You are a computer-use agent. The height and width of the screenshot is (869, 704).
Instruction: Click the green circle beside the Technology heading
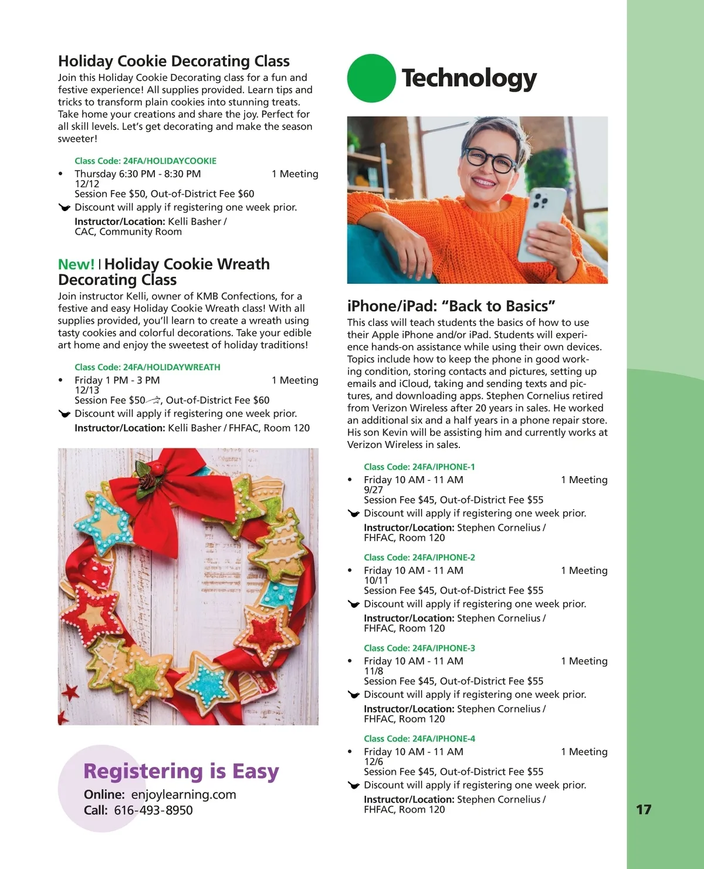371,78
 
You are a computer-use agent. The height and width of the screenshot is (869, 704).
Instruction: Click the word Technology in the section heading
469,78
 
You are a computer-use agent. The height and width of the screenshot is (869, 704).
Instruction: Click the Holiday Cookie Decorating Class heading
174,61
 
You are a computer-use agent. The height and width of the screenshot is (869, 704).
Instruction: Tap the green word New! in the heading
76,264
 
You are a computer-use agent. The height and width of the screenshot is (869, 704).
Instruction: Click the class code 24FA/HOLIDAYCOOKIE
169,161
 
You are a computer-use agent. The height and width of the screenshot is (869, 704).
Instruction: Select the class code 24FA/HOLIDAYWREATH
171,367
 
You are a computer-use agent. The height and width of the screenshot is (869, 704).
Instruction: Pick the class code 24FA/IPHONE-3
444,648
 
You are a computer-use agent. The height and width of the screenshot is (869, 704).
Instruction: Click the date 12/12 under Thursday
87,184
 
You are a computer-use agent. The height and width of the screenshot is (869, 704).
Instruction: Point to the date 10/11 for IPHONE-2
376,580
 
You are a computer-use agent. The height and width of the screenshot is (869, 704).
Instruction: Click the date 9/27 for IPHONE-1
373,490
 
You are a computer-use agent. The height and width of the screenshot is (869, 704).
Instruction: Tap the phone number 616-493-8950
153,810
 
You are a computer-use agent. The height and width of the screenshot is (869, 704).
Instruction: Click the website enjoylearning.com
183,795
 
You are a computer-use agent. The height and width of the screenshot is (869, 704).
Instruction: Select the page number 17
644,810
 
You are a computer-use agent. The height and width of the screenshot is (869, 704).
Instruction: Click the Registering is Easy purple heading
181,771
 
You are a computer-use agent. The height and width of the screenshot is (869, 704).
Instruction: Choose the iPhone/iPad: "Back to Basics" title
451,306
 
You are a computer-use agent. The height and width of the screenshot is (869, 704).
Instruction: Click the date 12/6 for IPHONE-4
373,761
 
